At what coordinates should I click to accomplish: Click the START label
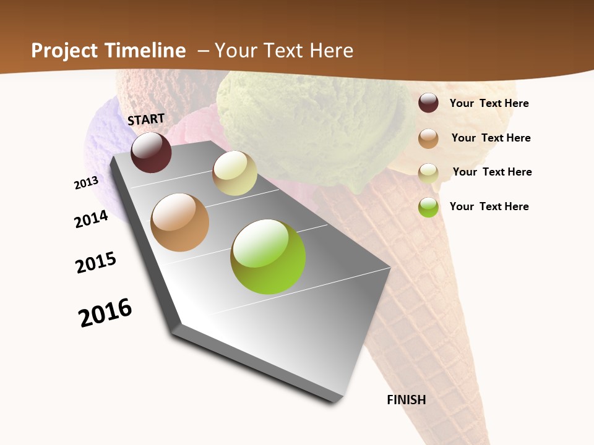[x=146, y=119]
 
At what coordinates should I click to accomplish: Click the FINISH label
[x=407, y=400]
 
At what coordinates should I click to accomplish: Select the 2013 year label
[x=86, y=183]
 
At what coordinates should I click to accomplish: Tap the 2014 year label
[x=91, y=219]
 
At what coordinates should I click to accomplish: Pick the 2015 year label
[x=96, y=263]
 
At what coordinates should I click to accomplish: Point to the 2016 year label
[x=105, y=312]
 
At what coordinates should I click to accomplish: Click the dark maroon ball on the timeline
[x=151, y=153]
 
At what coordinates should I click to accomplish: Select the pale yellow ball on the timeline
[x=235, y=173]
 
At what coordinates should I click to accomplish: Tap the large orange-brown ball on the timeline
[x=180, y=222]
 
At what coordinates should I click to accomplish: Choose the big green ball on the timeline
[x=268, y=256]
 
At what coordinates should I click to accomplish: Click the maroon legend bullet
[x=428, y=103]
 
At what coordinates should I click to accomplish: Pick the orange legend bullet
[x=428, y=138]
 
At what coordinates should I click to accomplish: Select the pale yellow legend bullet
[x=428, y=172]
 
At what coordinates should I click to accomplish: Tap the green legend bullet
[x=428, y=207]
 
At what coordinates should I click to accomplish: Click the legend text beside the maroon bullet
[x=489, y=103]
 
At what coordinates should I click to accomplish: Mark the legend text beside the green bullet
[x=489, y=206]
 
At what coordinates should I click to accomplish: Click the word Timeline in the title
[x=145, y=51]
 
